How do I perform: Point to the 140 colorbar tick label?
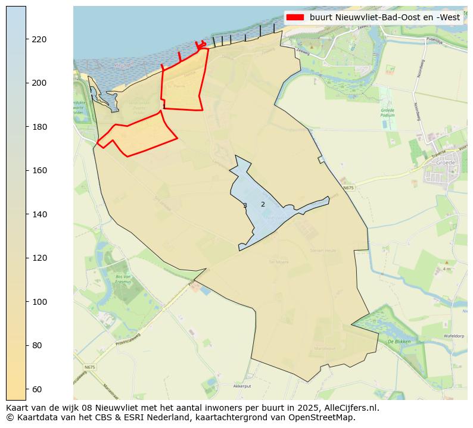(39, 214)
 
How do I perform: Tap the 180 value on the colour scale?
(39, 127)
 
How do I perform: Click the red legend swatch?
(295, 17)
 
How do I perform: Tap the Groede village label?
(445, 163)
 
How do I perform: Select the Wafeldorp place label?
(454, 336)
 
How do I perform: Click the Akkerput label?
(242, 386)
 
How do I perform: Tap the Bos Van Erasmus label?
(123, 280)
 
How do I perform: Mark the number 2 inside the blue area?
(263, 204)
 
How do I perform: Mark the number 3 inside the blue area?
(245, 206)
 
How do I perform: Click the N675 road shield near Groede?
(348, 188)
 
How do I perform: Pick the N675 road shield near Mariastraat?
(89, 367)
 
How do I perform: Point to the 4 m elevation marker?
(447, 269)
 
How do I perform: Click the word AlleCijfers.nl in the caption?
(350, 408)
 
